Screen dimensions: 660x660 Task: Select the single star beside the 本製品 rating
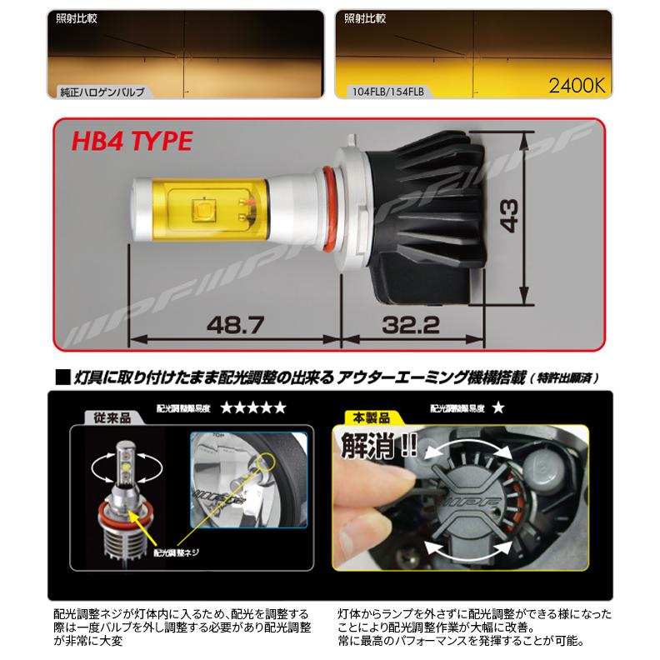coord(497,408)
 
